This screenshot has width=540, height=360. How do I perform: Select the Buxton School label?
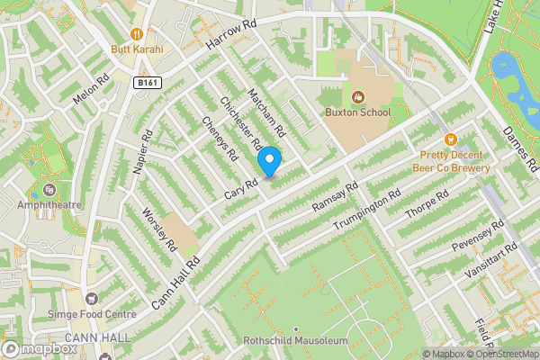tap(357, 112)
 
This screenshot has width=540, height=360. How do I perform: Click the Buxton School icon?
tap(357, 96)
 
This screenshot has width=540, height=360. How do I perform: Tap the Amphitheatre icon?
tap(46, 191)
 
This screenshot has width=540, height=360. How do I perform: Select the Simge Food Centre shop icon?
tap(90, 298)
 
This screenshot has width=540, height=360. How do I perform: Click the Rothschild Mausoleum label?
tap(295, 341)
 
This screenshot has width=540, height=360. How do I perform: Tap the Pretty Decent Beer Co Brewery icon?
tap(451, 139)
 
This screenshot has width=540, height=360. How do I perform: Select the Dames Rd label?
tap(521, 148)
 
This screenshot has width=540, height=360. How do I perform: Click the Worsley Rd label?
tap(159, 229)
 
